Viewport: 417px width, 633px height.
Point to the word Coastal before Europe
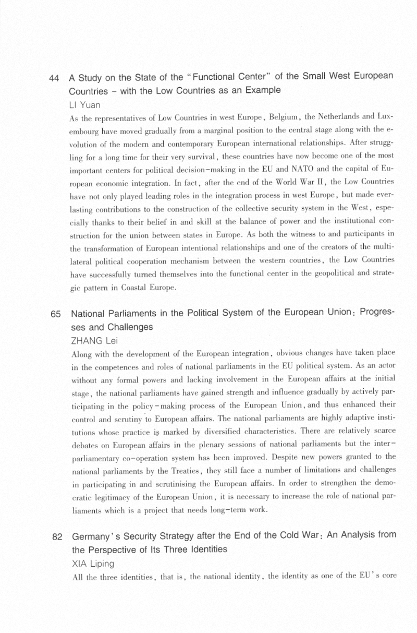point(124,288)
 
